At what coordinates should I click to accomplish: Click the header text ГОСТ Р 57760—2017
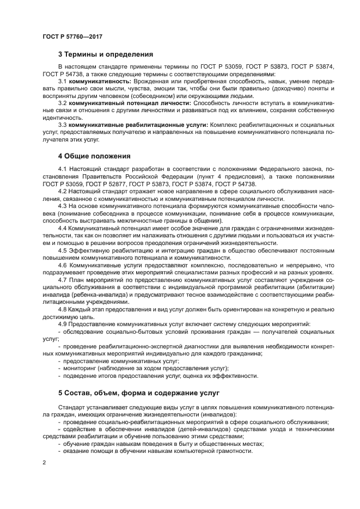point(72,36)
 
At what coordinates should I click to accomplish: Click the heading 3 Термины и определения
point(105,54)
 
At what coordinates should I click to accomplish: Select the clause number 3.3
point(62,125)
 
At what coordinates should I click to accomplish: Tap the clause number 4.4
point(62,229)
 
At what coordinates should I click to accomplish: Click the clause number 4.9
point(62,324)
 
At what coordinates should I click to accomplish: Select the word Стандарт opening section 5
point(71,407)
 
